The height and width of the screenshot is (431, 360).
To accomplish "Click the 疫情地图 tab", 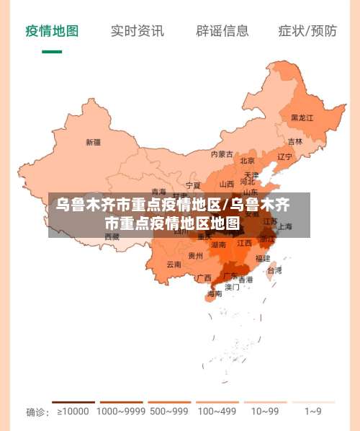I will click(52, 30).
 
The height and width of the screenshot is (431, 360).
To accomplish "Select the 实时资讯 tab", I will click(137, 30).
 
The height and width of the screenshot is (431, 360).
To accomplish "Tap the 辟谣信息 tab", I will click(222, 30).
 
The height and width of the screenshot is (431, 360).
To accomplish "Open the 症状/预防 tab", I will click(307, 30).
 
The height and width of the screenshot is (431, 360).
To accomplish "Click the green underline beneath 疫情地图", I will click(52, 52).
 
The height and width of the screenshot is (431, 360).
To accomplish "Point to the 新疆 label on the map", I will click(93, 142).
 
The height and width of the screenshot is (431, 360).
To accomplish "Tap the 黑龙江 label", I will click(302, 117).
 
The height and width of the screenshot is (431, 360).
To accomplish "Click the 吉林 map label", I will click(295, 142).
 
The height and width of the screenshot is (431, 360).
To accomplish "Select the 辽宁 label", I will click(285, 156).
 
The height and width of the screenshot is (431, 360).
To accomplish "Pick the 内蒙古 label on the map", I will click(222, 154).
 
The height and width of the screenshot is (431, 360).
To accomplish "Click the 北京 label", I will click(247, 161).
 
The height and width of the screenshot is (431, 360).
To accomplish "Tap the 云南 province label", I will click(174, 265).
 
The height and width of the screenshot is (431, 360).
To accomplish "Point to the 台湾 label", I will click(274, 271).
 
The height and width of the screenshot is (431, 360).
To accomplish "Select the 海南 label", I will click(215, 294).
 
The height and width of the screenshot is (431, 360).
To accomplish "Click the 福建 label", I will click(262, 258).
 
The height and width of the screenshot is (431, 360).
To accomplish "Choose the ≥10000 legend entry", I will click(73, 412).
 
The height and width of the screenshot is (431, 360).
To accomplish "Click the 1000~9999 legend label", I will click(121, 412).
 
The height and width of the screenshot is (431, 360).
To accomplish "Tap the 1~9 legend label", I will click(312, 412).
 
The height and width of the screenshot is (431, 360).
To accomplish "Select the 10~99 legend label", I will click(265, 412).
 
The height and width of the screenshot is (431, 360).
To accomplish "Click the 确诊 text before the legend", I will click(37, 412).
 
